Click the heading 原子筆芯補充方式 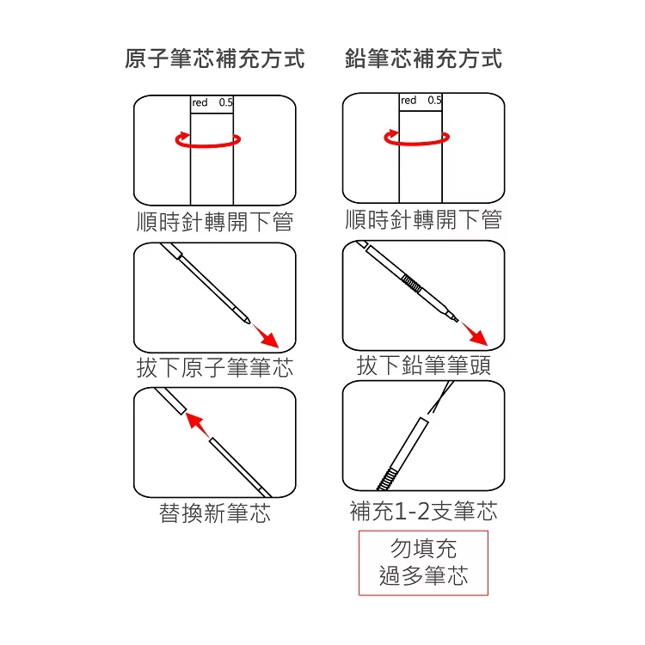tap(215, 58)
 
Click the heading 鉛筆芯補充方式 tap(424, 58)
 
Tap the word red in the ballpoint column tap(200, 102)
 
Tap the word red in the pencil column tap(408, 101)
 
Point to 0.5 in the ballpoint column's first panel tap(226, 102)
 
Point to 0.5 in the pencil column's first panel tap(434, 101)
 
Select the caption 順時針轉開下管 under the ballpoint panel tap(215, 222)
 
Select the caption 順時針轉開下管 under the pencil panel tap(424, 219)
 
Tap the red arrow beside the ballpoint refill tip tap(266, 335)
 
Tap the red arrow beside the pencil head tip tap(474, 334)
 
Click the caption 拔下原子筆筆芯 tap(215, 367)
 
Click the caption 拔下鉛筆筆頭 tap(424, 365)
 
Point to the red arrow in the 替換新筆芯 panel tap(198, 426)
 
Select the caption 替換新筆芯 tap(215, 513)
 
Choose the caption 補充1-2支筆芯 tap(424, 511)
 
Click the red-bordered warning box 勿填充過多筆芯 tap(423, 562)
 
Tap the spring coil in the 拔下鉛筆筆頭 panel tap(411, 283)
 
